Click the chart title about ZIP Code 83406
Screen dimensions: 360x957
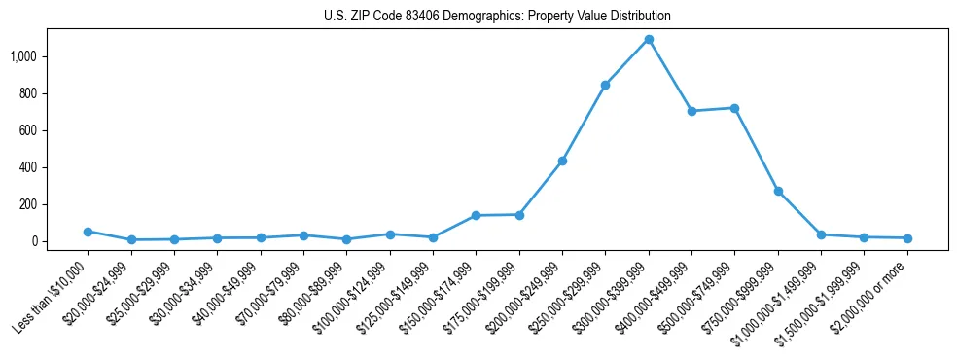point(497,17)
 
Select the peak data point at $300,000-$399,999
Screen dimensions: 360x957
point(649,40)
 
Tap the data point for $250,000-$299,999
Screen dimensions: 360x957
point(605,85)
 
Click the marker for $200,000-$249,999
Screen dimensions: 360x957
point(562,161)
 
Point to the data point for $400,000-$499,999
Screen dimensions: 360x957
point(691,111)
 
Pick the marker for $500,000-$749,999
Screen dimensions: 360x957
point(734,108)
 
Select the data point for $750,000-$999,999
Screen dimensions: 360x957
point(778,191)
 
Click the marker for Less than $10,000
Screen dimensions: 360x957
point(88,232)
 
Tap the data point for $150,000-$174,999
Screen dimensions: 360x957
point(476,215)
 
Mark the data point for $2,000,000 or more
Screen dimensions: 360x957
point(907,238)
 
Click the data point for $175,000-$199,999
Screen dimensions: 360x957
point(519,214)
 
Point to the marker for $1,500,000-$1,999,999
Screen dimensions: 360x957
point(864,237)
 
